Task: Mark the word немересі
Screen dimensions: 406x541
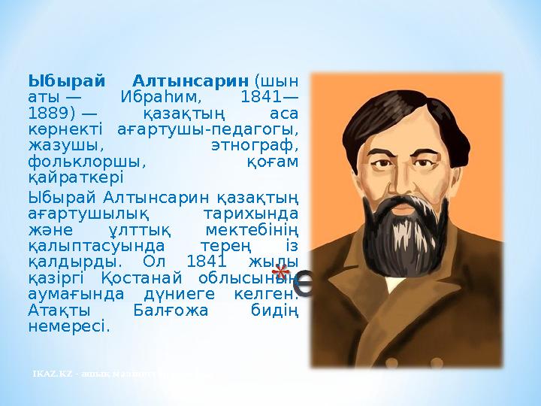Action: point(68,327)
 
